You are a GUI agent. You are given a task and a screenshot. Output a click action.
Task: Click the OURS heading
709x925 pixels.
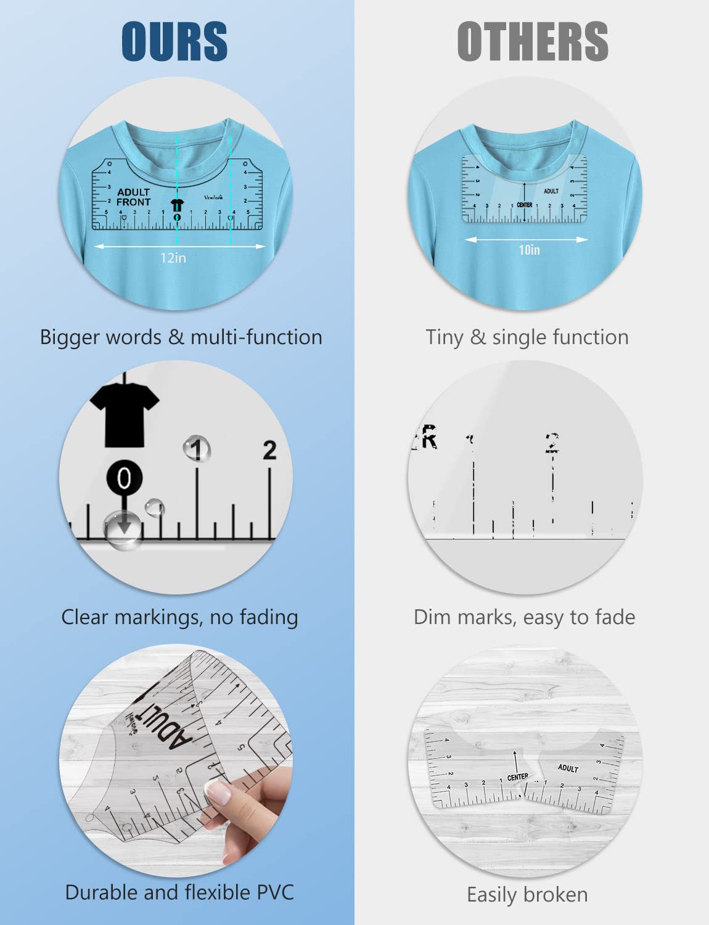click(x=174, y=41)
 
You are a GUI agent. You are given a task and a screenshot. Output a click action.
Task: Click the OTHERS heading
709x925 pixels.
click(x=532, y=41)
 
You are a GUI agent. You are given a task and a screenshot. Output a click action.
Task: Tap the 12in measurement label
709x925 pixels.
click(x=173, y=258)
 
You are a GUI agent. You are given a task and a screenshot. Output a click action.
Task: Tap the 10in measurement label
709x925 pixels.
click(x=529, y=250)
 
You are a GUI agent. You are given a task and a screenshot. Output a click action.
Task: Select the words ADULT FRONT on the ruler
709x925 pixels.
click(x=133, y=197)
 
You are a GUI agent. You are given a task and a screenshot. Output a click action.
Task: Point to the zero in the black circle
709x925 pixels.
click(x=124, y=479)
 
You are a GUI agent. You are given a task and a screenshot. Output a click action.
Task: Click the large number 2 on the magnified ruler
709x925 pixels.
click(x=269, y=451)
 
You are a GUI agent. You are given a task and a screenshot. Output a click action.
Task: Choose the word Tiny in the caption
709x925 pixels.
click(x=444, y=337)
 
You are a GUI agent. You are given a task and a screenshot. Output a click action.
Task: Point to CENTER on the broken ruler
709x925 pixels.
click(x=518, y=777)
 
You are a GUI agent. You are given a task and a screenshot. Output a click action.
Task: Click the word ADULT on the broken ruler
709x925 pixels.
click(x=568, y=768)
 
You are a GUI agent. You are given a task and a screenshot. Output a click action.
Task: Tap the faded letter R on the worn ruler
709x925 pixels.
click(x=428, y=438)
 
